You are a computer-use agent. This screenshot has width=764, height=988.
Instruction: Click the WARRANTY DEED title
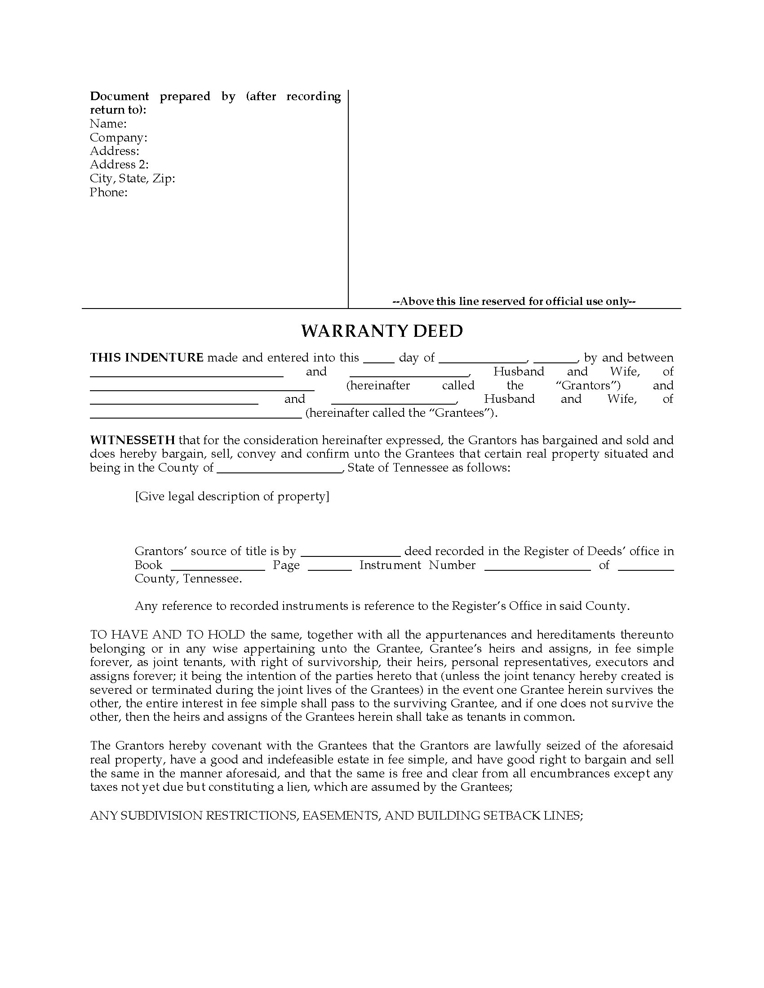(x=382, y=331)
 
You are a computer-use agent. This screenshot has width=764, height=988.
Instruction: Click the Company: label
(x=119, y=137)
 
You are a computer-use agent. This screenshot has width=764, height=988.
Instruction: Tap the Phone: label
(x=109, y=192)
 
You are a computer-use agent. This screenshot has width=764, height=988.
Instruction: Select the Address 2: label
(x=119, y=165)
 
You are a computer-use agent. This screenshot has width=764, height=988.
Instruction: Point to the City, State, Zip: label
(x=132, y=179)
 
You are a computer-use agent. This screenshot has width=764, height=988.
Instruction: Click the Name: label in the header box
(x=108, y=123)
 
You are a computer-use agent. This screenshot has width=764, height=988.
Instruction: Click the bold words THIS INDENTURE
(x=147, y=357)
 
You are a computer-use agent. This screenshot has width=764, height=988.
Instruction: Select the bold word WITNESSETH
(x=132, y=440)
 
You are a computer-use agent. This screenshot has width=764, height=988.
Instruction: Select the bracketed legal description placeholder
(x=232, y=496)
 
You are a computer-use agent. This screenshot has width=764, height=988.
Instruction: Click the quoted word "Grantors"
(x=587, y=385)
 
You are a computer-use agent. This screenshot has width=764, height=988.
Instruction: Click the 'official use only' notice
(x=514, y=301)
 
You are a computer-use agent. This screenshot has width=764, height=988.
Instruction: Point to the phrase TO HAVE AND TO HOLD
(x=168, y=635)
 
